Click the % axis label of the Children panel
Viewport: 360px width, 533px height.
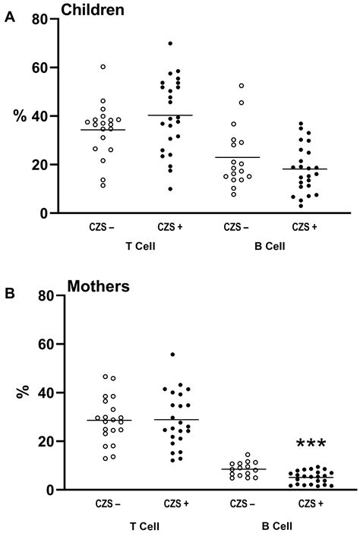pyautogui.click(x=19, y=116)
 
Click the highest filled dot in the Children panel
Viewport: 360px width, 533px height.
pyautogui.click(x=170, y=43)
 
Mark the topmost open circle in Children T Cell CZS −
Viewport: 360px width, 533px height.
pyautogui.click(x=103, y=67)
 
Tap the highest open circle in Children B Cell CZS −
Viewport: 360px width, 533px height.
pyautogui.click(x=242, y=86)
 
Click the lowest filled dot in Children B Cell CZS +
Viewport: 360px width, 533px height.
pyautogui.click(x=302, y=206)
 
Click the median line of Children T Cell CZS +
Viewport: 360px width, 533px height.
pyautogui.click(x=170, y=115)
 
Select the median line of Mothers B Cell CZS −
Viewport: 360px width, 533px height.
pyautogui.click(x=243, y=469)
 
